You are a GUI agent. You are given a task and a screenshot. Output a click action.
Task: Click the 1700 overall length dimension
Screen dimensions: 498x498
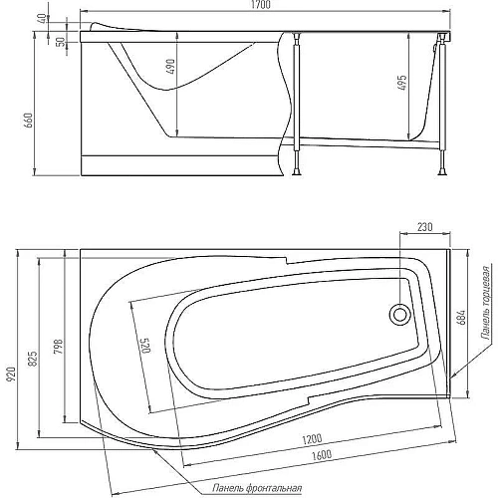click(261, 5)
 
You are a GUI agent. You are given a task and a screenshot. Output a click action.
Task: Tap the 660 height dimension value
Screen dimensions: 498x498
click(29, 121)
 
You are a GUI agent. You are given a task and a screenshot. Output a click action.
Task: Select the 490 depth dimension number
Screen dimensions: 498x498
click(170, 67)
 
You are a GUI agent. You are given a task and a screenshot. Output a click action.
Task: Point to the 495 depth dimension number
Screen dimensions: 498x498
click(401, 83)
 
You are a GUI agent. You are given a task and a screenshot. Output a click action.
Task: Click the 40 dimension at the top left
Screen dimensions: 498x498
click(43, 19)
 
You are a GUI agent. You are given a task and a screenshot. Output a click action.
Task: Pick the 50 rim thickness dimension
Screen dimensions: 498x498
click(61, 42)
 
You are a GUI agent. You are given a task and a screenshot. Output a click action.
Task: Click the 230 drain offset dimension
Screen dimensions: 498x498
click(425, 227)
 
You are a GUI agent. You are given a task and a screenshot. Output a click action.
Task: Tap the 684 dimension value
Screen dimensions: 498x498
click(461, 317)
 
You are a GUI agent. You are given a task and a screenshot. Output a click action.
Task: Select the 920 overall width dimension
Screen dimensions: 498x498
click(12, 373)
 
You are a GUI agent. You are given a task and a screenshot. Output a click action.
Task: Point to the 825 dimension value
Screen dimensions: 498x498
click(33, 359)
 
